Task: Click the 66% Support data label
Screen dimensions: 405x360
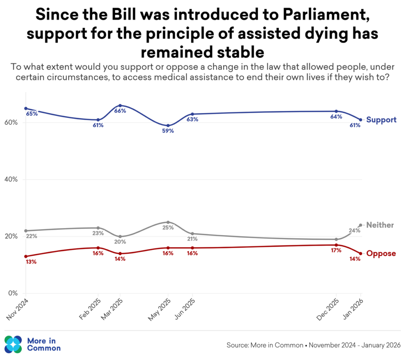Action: [120, 111]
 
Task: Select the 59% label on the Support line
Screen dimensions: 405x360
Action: [168, 131]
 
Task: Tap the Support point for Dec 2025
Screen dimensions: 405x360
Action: [336, 111]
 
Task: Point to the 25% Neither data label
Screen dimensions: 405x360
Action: [168, 228]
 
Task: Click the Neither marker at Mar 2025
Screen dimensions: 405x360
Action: [120, 236]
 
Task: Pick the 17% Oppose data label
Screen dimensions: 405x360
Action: [336, 250]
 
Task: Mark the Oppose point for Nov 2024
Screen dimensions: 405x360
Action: [26, 256]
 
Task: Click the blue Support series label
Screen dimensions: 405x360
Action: [381, 120]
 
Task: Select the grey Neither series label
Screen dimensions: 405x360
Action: [380, 225]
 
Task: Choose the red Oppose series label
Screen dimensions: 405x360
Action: [381, 254]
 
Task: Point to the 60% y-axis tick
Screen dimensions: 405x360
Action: [11, 123]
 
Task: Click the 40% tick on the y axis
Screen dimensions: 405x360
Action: [11, 180]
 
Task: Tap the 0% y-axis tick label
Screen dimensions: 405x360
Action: [13, 294]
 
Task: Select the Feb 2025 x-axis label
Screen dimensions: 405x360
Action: [90, 309]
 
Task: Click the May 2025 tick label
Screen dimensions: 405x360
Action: [159, 309]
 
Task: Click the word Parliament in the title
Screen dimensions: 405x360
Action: [326, 15]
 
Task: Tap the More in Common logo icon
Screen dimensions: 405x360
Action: [13, 344]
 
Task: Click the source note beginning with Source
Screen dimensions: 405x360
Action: [313, 345]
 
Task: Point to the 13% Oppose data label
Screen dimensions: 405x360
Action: [31, 262]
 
